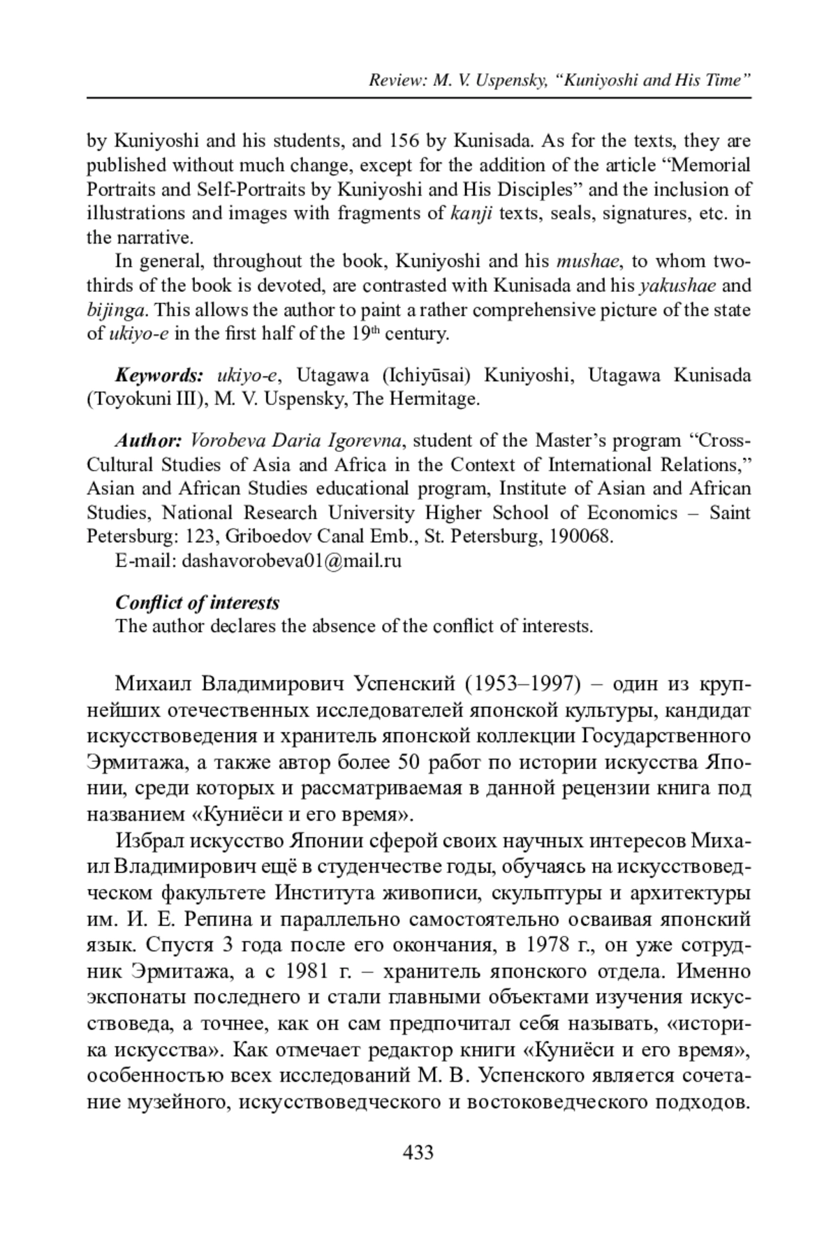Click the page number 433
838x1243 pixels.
coord(418,1152)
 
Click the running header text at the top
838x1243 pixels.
coord(559,80)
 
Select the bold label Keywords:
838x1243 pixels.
coord(159,376)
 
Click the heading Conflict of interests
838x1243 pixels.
coord(198,602)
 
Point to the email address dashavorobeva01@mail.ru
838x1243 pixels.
coord(291,561)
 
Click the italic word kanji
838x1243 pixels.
coord(473,213)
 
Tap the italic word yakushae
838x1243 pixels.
coord(677,286)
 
